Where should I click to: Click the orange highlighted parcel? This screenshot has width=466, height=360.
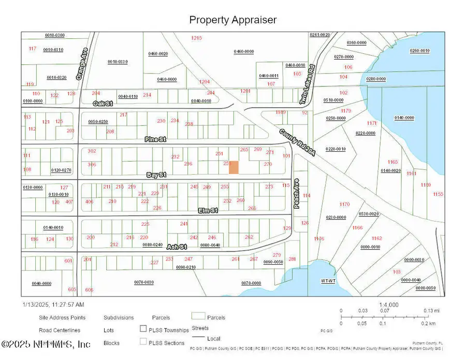(234, 167)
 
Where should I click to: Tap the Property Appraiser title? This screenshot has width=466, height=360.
(232, 20)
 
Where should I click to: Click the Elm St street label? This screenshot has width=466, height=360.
(208, 210)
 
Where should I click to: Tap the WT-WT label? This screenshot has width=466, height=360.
(328, 280)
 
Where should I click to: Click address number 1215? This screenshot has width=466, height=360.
(196, 38)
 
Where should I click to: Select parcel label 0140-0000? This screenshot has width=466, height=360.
(404, 118)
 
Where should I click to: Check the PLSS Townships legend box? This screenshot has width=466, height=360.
(143, 328)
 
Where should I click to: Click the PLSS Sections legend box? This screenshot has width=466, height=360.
(143, 341)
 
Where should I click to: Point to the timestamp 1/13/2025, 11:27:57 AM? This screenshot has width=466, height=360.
(53, 305)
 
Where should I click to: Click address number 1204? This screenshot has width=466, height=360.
(205, 82)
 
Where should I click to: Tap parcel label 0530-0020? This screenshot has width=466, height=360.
(369, 213)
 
